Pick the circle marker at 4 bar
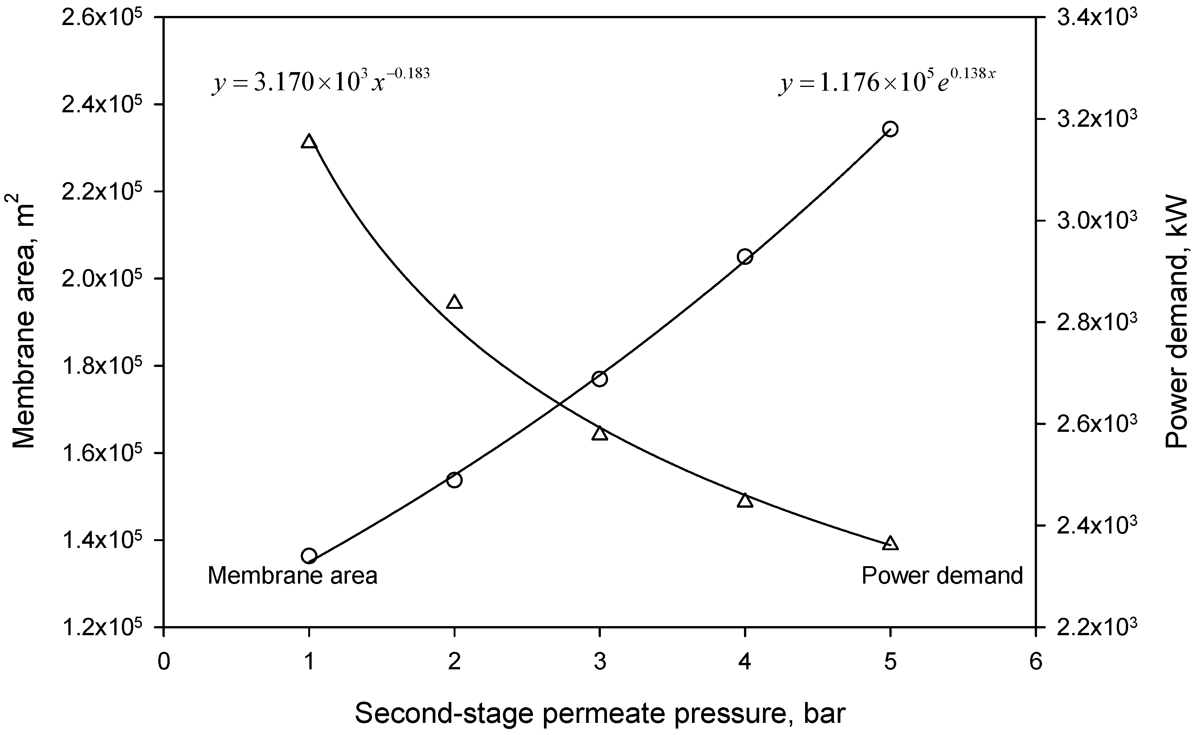point(745,257)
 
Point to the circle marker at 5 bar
point(890,129)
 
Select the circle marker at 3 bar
point(599,379)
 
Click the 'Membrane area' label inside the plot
point(292,576)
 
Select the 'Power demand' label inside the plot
point(942,576)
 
